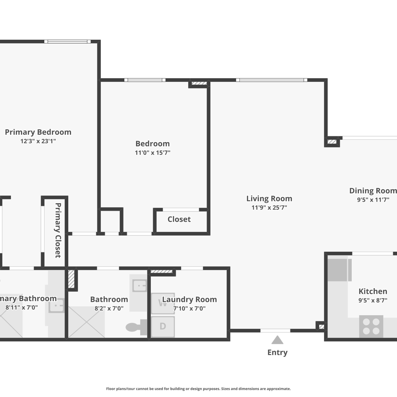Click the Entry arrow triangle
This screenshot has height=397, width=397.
tap(277, 340)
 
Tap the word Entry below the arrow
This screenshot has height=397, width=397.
tap(277, 353)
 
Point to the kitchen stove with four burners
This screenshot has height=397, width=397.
tap(371, 326)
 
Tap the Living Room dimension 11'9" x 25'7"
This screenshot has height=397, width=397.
tap(269, 207)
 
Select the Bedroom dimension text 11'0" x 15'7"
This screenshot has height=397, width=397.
tap(152, 153)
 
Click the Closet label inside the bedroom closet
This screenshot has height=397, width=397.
tap(179, 219)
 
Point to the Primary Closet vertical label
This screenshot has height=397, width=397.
tap(58, 230)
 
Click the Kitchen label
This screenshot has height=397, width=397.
tap(373, 291)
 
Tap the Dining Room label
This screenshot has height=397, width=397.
tap(373, 191)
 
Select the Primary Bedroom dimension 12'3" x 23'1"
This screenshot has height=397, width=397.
tap(38, 141)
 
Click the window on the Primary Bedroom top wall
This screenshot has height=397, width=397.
tap(67, 42)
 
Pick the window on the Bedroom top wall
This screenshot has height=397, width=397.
tap(145, 80)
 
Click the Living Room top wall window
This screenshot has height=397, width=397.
tap(272, 80)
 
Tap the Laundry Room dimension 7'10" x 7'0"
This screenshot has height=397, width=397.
tap(190, 308)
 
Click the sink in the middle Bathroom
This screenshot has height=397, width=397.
tap(140, 286)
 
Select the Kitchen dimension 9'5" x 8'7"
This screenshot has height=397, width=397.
tap(373, 300)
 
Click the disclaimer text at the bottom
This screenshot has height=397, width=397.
tap(198, 389)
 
